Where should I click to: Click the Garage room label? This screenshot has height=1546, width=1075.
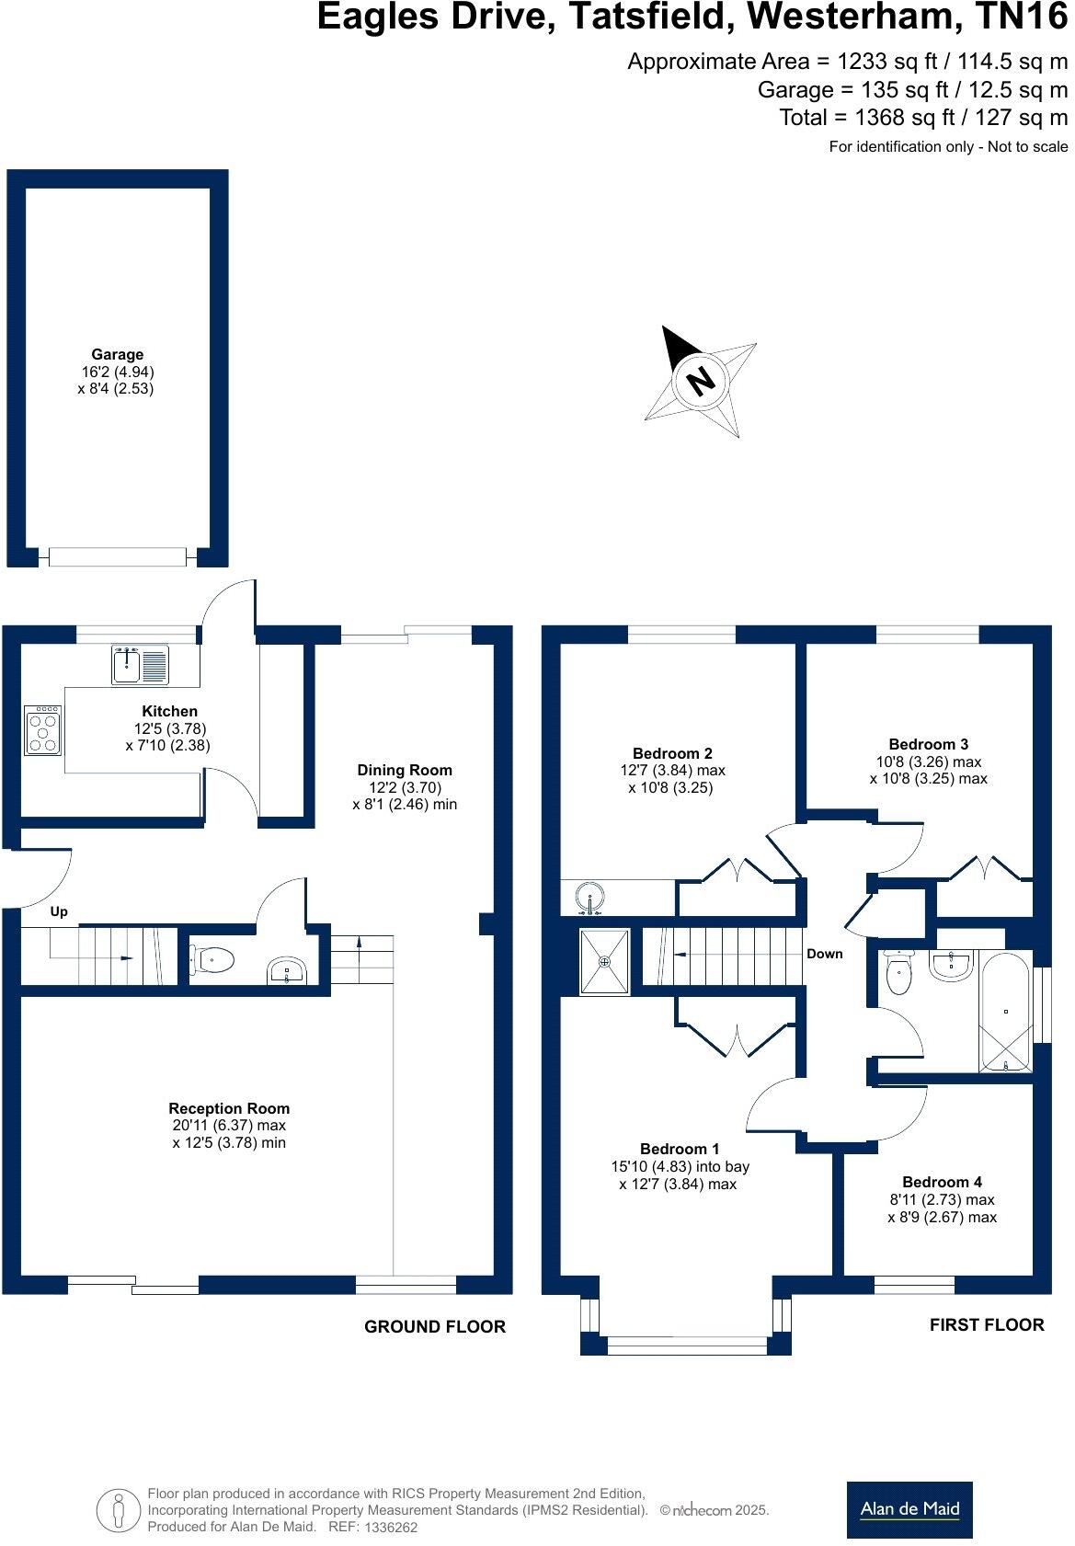coord(117,354)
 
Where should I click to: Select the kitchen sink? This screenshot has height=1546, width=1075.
coord(140,664)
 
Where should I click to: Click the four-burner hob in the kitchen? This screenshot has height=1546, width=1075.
coord(42,730)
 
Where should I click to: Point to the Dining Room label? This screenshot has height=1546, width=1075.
coord(405,770)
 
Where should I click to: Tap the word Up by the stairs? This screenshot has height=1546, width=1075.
coord(59,911)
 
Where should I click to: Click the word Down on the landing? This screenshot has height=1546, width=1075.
coord(824,954)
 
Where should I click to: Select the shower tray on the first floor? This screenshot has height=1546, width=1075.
coord(605,961)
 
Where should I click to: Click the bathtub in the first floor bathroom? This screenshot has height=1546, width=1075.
coord(1006,1012)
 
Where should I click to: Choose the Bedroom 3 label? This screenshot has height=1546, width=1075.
coord(928,744)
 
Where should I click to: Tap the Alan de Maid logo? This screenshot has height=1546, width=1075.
coord(909,1509)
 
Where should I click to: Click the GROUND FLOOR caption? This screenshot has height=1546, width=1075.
coord(435,1326)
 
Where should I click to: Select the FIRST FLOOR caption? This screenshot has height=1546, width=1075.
coord(986,1324)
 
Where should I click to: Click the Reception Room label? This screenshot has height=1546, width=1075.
coord(229,1108)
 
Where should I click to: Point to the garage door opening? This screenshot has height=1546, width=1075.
coord(118,556)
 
